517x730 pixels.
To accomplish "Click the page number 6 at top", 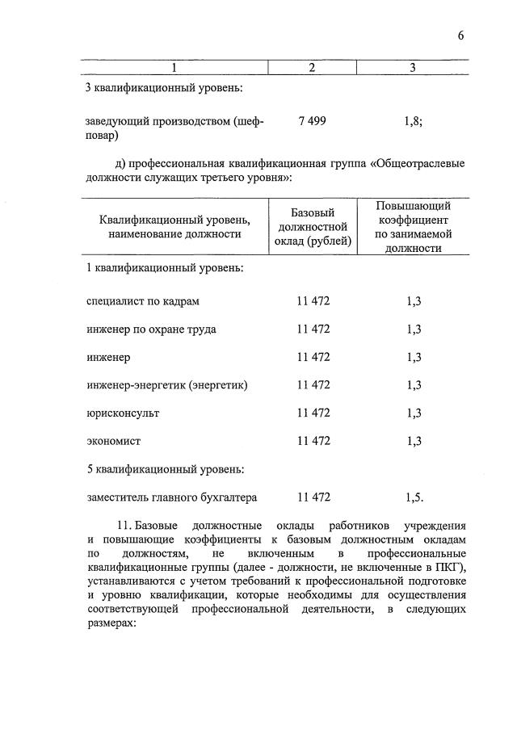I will click(460, 35).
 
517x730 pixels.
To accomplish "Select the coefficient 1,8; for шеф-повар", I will click(413, 121).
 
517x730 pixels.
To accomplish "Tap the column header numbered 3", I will click(412, 68).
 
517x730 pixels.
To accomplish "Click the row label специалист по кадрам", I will click(142, 301).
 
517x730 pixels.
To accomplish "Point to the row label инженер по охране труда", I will click(151, 329).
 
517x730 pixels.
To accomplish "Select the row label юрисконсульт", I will click(123, 413).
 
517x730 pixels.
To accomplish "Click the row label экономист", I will click(113, 441).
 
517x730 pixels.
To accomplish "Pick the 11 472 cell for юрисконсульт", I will click(313, 413).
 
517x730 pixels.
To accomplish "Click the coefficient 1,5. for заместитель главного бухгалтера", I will click(414, 497).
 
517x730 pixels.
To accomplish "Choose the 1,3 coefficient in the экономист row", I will click(414, 441).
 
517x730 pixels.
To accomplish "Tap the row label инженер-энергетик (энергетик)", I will click(166, 385).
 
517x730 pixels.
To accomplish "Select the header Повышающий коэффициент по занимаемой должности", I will click(413, 226).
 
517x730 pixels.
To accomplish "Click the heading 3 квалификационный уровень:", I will click(164, 87).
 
